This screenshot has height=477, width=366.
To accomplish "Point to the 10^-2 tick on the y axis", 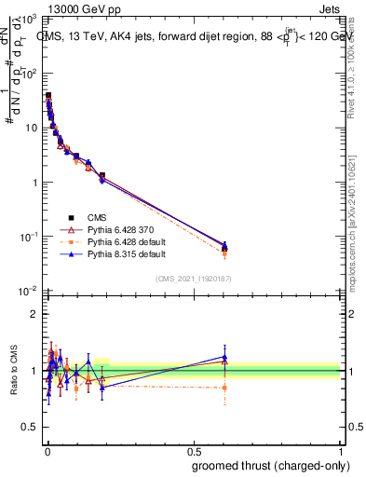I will click(27, 291).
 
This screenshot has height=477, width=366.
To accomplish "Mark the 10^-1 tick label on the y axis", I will click(27, 237).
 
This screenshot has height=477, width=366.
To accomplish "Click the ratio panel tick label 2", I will click(34, 315).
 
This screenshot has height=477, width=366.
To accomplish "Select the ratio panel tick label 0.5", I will click(29, 429).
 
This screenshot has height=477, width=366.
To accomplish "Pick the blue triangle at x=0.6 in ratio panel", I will click(224, 357).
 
